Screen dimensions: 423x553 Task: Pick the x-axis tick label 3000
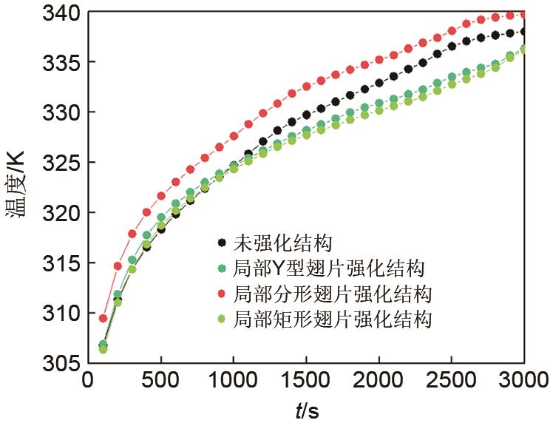point(523,382)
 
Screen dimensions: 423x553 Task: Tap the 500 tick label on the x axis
point(161,382)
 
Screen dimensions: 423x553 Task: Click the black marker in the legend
point(223,242)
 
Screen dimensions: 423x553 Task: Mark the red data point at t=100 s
point(103,318)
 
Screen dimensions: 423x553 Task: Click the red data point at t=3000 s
point(524,14)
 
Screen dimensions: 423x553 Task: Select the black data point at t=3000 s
point(524,31)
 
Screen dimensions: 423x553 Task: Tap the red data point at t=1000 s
point(234,136)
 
